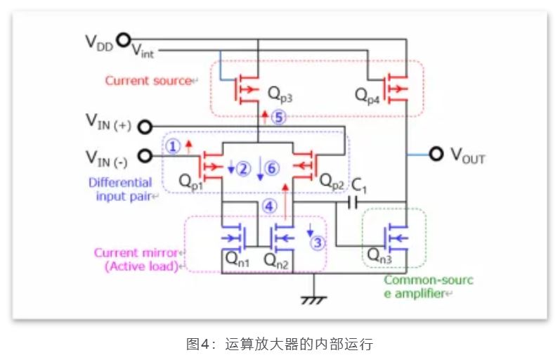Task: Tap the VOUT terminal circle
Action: [437, 154]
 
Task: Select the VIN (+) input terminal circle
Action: [145, 127]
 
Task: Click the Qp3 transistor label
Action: [279, 93]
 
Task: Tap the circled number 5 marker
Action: [280, 117]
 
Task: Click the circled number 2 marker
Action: [243, 169]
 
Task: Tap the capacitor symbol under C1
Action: [353, 203]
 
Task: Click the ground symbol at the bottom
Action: [308, 298]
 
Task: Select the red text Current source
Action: [148, 80]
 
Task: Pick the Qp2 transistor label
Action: [331, 179]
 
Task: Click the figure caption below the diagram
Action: [279, 345]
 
